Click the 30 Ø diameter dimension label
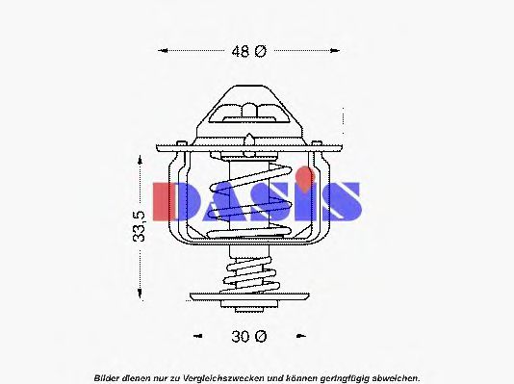tap(248, 336)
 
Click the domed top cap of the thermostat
tap(248, 108)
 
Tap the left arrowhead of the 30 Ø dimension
tap(197, 336)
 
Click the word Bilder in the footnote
tap(107, 375)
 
